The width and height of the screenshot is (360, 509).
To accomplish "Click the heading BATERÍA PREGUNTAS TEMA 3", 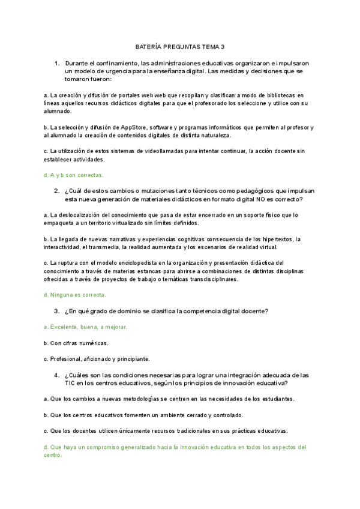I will point(179,46).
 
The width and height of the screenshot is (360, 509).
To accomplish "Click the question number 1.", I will point(56,63).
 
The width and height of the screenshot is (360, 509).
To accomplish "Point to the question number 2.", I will point(56,191).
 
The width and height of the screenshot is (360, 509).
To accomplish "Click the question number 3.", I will point(56,311).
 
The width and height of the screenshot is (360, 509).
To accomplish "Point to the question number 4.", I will point(56,375).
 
